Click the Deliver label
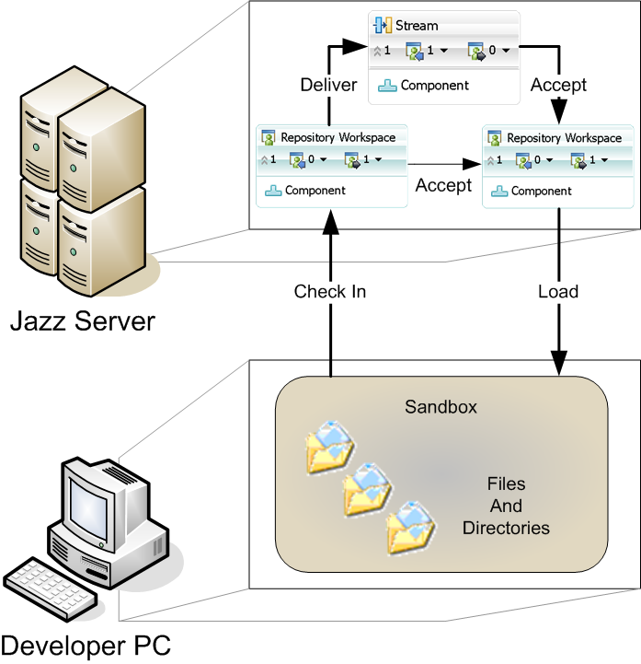point(328,86)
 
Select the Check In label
point(330,292)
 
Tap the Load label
point(558,292)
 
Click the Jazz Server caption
point(83,322)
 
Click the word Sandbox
point(441,407)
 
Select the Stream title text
point(417,26)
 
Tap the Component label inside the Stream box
point(434,86)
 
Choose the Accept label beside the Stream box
point(558,86)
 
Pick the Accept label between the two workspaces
point(443,185)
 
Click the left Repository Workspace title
point(338,138)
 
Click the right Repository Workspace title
point(564,138)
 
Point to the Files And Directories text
point(506,506)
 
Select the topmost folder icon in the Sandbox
point(327,447)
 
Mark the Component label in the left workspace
point(315,191)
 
